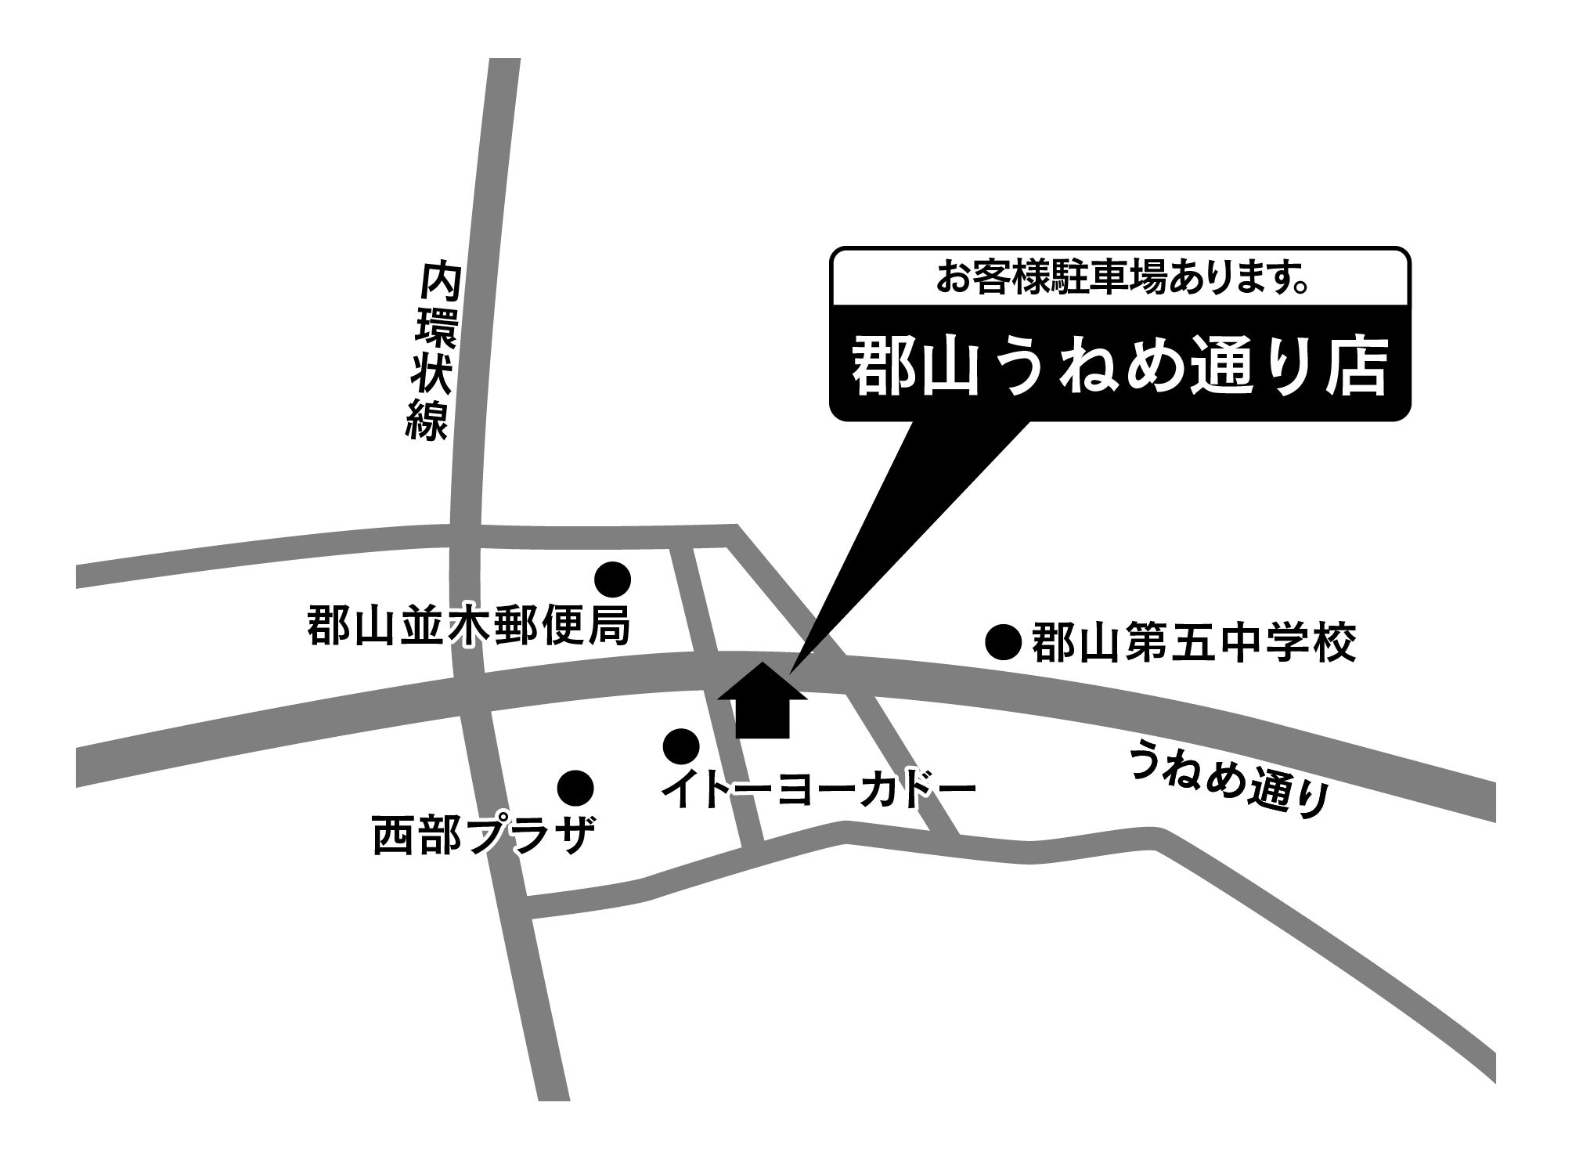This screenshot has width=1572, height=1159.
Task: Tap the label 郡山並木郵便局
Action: point(468,624)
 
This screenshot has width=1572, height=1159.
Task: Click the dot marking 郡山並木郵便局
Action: point(612,579)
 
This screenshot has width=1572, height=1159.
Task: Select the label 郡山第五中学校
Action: point(1193,644)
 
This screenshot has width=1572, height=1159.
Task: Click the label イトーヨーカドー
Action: point(819,789)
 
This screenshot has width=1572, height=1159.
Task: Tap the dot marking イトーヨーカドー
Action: point(680,746)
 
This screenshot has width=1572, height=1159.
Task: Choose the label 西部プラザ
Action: point(483,836)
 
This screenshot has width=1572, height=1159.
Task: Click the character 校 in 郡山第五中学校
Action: point(1331,644)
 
